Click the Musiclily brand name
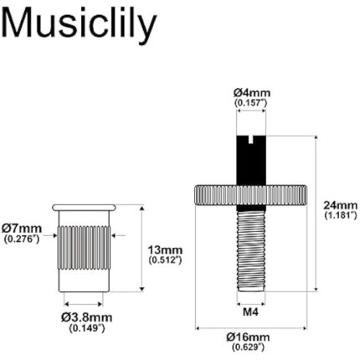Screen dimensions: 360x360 [80, 25]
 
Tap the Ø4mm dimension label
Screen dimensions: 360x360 [251, 92]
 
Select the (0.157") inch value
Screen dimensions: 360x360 [251, 102]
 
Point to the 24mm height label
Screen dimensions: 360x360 [341, 204]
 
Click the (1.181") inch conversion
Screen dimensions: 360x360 [341, 215]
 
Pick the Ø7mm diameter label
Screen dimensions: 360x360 [22, 228]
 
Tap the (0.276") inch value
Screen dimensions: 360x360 [22, 239]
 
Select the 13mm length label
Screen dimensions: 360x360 [165, 250]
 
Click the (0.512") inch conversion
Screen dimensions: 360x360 [165, 260]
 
